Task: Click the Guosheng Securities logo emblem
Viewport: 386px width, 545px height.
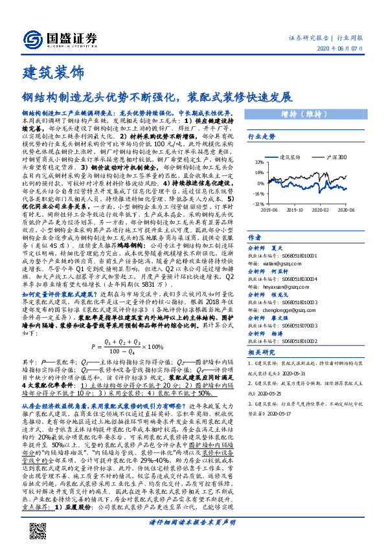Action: [x=31, y=38]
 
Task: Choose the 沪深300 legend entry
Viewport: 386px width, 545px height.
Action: [x=335, y=157]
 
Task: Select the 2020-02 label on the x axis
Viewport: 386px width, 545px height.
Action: [x=320, y=210]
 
